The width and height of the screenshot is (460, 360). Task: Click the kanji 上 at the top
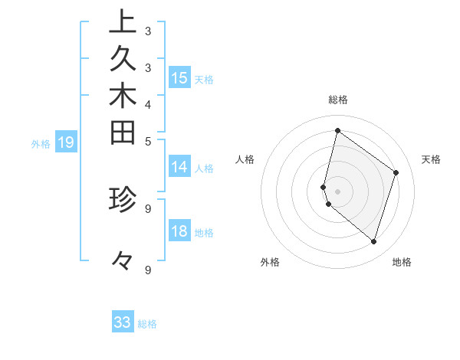(x=123, y=22)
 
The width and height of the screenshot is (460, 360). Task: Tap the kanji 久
(x=123, y=60)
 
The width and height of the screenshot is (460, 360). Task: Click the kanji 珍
(x=123, y=199)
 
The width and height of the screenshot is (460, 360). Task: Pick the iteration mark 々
(x=123, y=261)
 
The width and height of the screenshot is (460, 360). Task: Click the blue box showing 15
(x=179, y=78)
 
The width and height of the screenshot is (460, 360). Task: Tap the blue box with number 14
(x=179, y=168)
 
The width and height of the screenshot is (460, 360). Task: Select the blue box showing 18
(x=179, y=232)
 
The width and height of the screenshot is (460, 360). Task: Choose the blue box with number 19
(x=67, y=142)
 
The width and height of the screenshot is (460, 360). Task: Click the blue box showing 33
(x=123, y=322)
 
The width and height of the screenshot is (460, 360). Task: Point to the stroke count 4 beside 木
(x=147, y=103)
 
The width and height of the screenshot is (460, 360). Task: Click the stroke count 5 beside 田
(x=147, y=141)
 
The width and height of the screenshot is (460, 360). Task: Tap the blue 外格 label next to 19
(x=41, y=142)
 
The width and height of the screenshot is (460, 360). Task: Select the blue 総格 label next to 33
(x=147, y=324)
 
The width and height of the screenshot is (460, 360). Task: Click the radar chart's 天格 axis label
(x=431, y=159)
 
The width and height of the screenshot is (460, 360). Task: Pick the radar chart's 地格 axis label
(x=402, y=262)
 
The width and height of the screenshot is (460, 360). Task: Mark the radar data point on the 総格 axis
(x=337, y=130)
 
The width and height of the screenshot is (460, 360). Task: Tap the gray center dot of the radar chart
(x=337, y=191)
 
